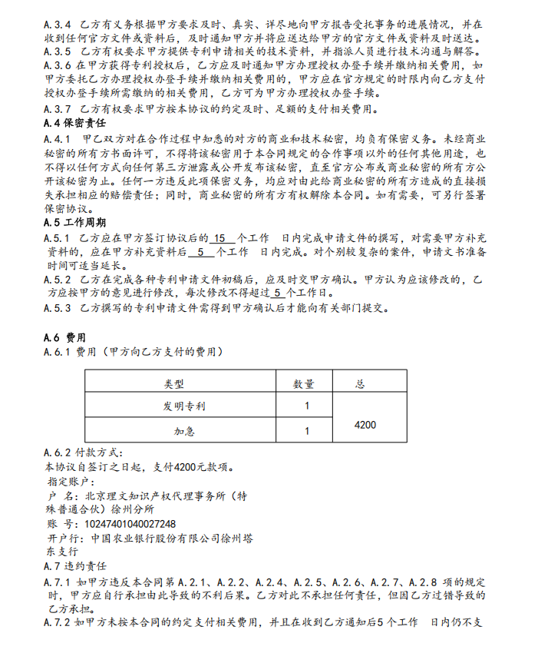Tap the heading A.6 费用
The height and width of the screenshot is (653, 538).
pos(66,337)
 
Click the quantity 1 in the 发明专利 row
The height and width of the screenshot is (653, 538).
pos(306,406)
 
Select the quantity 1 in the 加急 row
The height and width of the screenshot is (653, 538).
pos(306,431)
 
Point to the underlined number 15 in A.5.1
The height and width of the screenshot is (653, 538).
pos(218,237)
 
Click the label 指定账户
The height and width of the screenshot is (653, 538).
pos(73,481)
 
